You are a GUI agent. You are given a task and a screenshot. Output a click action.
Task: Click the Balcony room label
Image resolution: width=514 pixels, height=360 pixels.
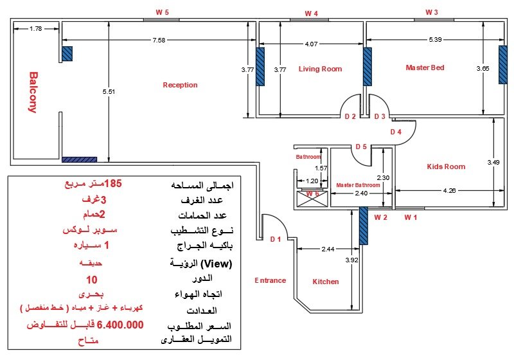(33, 93)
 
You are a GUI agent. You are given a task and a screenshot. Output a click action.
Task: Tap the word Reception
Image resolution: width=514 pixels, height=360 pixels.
(180, 85)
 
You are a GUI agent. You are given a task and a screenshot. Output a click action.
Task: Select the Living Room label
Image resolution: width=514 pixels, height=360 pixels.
(320, 69)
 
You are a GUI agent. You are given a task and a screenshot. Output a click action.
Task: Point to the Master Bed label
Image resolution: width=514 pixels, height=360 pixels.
(425, 67)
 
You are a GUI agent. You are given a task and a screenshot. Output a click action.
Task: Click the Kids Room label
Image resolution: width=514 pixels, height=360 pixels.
(446, 166)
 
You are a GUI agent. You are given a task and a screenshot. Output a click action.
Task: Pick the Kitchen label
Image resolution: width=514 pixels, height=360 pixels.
(326, 282)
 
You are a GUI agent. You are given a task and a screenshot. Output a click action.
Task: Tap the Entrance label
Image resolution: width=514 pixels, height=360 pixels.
(270, 280)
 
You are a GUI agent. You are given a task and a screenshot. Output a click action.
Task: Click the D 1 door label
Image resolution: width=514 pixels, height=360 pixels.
(276, 239)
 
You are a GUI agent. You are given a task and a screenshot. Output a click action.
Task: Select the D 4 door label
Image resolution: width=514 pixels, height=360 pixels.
(396, 132)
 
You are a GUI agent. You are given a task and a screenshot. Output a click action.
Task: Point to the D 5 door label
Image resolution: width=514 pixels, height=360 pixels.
(361, 147)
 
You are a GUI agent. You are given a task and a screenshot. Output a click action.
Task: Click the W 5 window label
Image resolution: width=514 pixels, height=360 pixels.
(163, 12)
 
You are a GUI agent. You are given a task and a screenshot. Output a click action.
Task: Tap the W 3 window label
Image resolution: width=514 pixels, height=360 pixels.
(431, 12)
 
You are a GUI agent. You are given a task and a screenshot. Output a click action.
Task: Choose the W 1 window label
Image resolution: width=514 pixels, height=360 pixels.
(411, 217)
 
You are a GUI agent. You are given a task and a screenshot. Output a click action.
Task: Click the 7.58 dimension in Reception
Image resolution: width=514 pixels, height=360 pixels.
(159, 40)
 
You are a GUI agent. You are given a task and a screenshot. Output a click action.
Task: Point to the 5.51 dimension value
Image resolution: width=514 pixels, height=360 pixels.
(109, 91)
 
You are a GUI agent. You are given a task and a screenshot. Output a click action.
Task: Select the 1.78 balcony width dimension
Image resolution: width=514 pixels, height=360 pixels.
(36, 29)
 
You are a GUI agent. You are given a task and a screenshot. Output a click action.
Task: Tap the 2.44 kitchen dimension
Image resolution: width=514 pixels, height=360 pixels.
(328, 249)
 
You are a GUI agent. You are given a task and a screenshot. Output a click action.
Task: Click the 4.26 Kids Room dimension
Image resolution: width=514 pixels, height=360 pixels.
(449, 190)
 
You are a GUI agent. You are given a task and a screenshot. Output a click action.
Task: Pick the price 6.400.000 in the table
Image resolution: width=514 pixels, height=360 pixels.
(120, 325)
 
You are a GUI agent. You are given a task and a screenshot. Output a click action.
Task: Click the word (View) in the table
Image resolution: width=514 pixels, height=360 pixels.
(216, 264)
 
